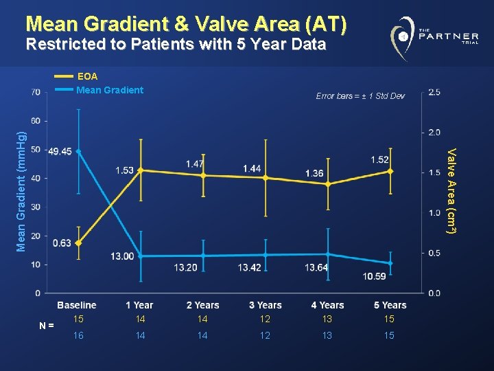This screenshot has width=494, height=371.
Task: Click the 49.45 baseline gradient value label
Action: [x=60, y=151]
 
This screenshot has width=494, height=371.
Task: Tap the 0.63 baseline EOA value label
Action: [x=61, y=243]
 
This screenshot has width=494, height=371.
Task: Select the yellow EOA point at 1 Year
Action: [x=141, y=170]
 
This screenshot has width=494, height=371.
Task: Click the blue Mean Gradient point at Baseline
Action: [x=79, y=151]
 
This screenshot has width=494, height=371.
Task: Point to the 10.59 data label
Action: [x=375, y=276]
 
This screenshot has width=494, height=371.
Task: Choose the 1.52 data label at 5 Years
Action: [x=379, y=160]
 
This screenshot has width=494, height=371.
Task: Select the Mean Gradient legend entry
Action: [x=110, y=89]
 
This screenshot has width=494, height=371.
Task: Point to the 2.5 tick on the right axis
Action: [x=434, y=92]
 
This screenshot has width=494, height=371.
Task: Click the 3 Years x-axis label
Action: [x=266, y=305]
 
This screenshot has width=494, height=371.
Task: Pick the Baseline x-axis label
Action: [x=77, y=305]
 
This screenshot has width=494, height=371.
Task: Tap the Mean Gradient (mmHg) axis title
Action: [x=21, y=182]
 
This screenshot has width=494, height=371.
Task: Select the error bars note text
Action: [x=360, y=95]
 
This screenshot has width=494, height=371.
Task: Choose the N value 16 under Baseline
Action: [x=78, y=335]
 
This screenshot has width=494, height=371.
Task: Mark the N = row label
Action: [x=47, y=326]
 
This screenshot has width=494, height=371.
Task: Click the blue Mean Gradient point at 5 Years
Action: [x=390, y=263]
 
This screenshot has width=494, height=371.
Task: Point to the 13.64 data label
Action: [x=316, y=267]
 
